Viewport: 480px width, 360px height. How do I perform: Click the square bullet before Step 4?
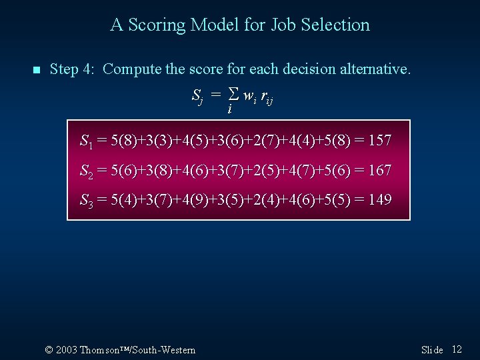[36, 69]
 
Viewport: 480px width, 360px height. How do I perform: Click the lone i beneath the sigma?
[229, 109]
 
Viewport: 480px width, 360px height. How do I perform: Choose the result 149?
[379, 200]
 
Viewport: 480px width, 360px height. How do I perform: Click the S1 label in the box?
[86, 141]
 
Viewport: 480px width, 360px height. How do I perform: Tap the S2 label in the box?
[86, 171]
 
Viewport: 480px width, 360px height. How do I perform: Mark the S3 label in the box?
[86, 201]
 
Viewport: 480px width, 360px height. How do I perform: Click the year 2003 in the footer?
[67, 350]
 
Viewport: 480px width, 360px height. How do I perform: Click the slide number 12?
[457, 349]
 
